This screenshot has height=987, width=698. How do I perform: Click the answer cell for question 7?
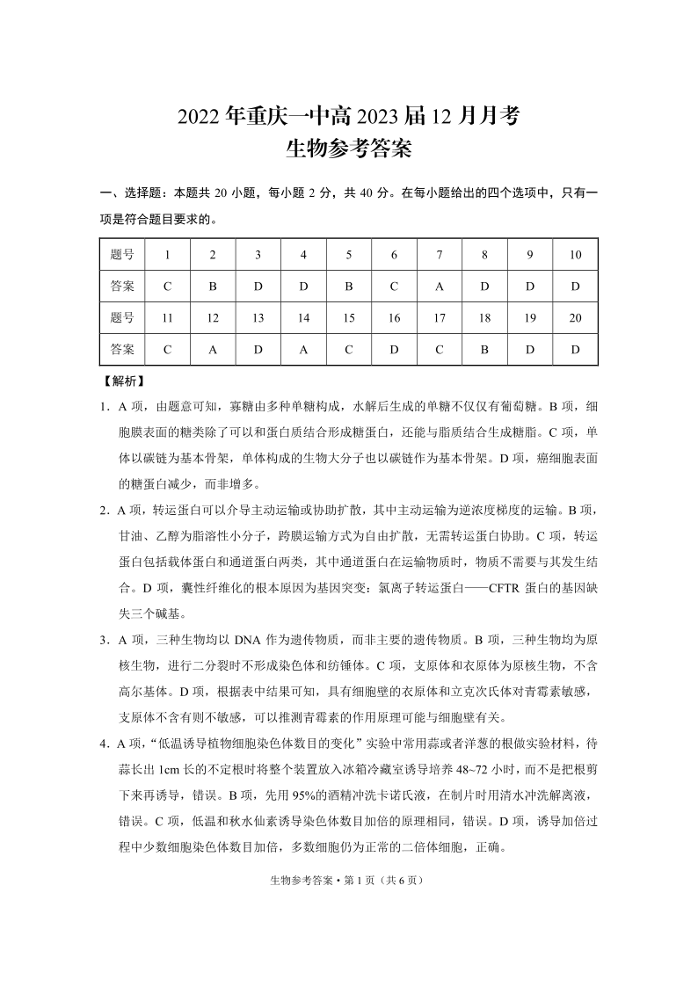(x=440, y=286)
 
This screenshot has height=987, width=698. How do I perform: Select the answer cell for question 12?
(x=213, y=349)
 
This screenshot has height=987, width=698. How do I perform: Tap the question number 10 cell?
(x=576, y=255)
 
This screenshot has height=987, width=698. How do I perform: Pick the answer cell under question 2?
(x=213, y=286)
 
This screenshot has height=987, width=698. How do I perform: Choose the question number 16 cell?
(x=394, y=318)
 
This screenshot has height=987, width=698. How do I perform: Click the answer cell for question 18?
(x=484, y=349)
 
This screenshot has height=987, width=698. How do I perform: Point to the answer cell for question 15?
(x=349, y=349)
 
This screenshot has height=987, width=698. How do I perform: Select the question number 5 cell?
(x=349, y=255)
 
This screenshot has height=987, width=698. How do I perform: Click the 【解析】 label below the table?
(x=123, y=382)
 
